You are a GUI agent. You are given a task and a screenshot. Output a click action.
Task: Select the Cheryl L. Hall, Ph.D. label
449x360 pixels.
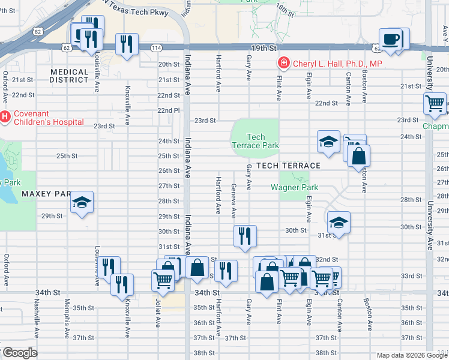pyautogui.click(x=337, y=63)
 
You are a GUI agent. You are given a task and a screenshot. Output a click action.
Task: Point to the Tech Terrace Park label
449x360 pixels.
pyautogui.click(x=255, y=141)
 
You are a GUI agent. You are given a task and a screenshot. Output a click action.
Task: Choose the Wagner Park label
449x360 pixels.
pyautogui.click(x=294, y=187)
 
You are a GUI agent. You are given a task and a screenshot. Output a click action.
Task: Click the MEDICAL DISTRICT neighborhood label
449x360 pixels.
pyautogui.click(x=70, y=76)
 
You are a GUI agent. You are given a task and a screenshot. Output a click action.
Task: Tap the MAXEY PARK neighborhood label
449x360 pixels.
pyautogui.click(x=46, y=194)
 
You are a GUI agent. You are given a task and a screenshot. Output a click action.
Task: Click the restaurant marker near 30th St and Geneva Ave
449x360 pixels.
pyautogui.click(x=244, y=235)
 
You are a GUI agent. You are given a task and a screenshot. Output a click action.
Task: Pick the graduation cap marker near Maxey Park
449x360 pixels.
pyautogui.click(x=83, y=202)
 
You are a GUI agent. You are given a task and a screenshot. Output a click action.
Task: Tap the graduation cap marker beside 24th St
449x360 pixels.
pyautogui.click(x=328, y=142)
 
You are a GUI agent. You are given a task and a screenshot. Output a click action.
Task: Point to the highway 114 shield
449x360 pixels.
pyautogui.click(x=156, y=48)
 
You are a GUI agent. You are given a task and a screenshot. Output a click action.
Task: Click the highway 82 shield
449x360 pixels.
pyautogui.click(x=37, y=31)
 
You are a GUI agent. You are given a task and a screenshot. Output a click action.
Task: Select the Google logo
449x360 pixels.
pyautogui.click(x=19, y=353)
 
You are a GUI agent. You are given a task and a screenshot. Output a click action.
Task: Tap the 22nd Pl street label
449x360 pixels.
pyautogui.click(x=169, y=110)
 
